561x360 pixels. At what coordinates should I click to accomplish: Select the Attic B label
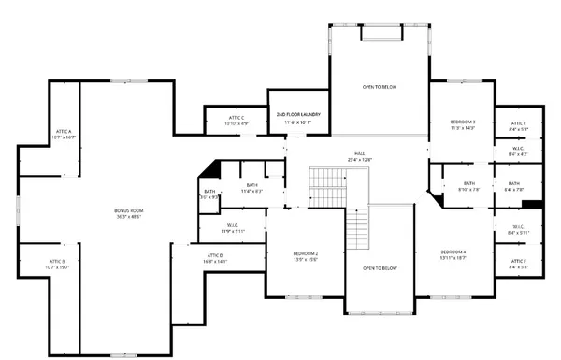[x=57, y=263]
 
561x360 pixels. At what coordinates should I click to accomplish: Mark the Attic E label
[x=518, y=125]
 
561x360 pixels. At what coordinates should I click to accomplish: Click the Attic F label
[x=518, y=263]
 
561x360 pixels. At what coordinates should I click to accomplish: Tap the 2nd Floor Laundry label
[x=295, y=119]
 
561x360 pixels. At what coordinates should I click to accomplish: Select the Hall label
[x=359, y=156]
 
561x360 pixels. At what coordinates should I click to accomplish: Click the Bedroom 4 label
[x=453, y=253]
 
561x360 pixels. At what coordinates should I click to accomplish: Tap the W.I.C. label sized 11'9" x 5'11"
[x=232, y=228]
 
